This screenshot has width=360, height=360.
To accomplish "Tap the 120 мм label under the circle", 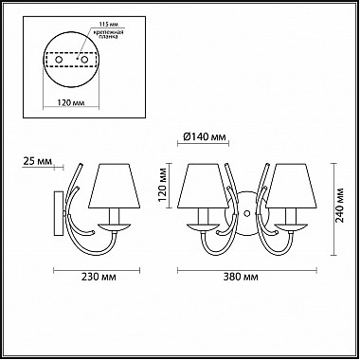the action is coord(71,102).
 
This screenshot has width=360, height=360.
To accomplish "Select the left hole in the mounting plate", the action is coord(59,60).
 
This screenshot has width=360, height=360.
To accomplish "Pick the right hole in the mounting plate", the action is coord(84,60).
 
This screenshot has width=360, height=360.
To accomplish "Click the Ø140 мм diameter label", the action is coord(205,137).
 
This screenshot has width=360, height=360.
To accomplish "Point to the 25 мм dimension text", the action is coord(37,161).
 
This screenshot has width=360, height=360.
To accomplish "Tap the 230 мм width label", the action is coord(99,277).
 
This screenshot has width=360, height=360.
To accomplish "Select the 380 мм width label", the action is coord(241,277).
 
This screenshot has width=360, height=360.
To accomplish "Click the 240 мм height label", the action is coord(340,206).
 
